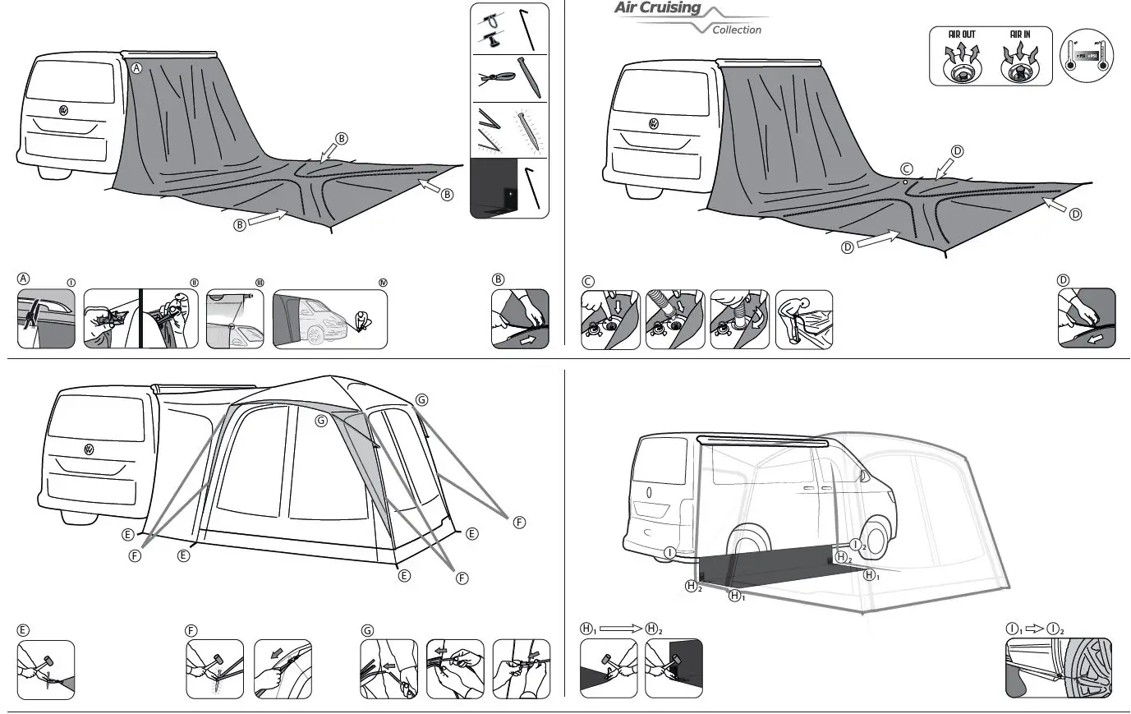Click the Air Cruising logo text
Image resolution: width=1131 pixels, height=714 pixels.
pos(658,9)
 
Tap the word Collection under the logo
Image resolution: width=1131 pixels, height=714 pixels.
pos(736,30)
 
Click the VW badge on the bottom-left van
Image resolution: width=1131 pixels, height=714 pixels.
pos(88,449)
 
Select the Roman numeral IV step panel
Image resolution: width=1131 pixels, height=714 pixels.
pos(329,319)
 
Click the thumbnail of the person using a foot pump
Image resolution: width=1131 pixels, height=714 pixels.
pos(803,319)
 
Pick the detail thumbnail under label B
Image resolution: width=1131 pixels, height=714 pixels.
pos(520,319)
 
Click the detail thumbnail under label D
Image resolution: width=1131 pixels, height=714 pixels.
pos(1086,319)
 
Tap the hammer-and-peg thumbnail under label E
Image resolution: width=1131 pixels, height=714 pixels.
pos(46,670)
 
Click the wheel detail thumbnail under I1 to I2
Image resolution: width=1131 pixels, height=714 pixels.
pos(1058,669)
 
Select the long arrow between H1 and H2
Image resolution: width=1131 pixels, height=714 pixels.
pos(620,629)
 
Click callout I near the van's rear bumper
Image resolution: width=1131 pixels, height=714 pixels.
pos(670,553)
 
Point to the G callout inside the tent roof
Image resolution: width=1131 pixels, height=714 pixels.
pos(321,421)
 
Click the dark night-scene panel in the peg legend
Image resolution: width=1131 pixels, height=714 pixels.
pos(508,188)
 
